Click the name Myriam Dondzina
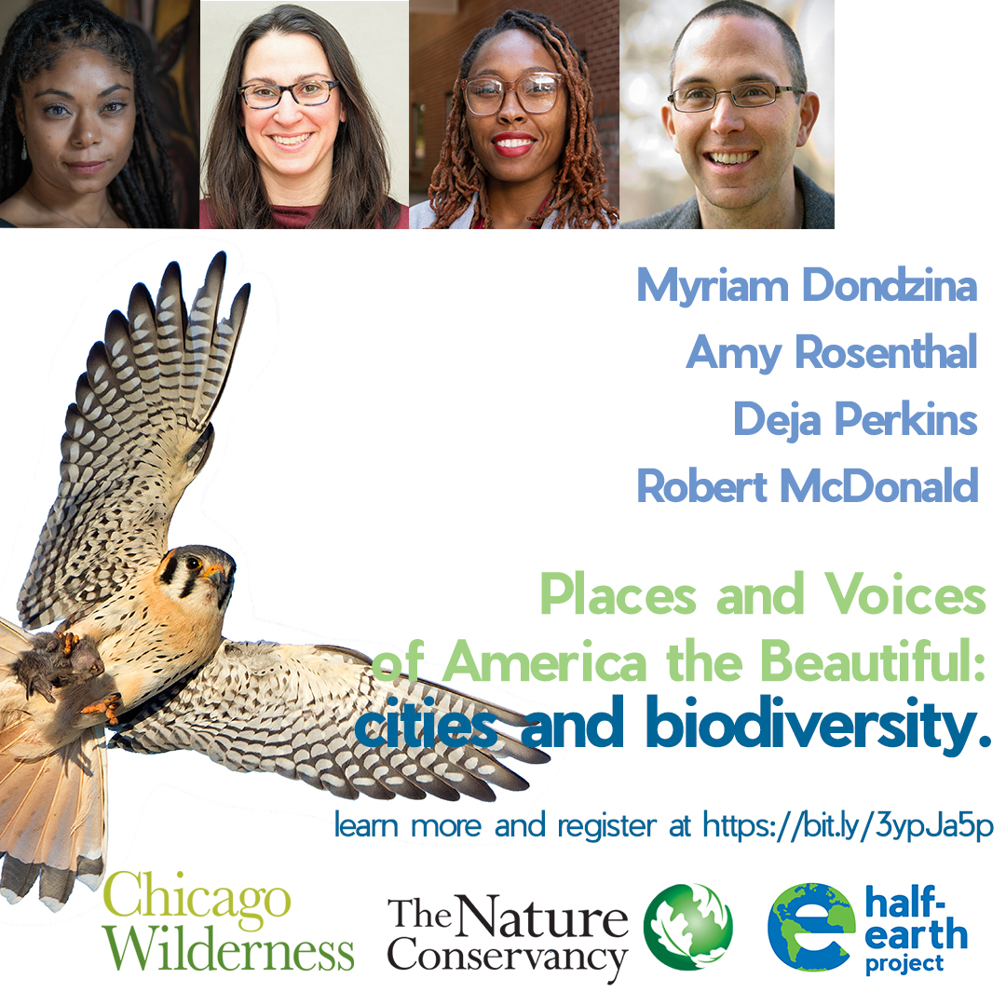pos(807,286)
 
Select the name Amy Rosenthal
pos(832,353)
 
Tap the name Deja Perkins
pos(855,419)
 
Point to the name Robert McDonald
pos(808,485)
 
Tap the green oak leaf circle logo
pos(688,927)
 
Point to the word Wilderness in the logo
pos(228,950)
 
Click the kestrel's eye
pos(194,563)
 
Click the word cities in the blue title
pos(429,730)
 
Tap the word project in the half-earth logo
pos(904,963)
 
